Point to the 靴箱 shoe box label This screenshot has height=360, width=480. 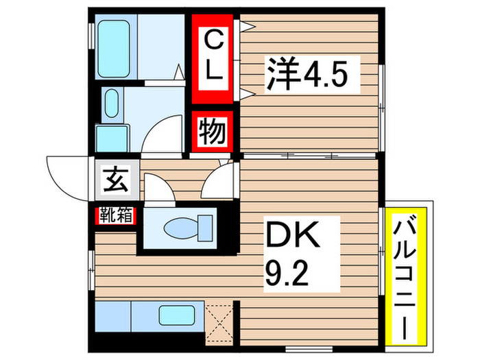point(116,216)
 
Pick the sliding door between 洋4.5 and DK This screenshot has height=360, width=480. point(309,157)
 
